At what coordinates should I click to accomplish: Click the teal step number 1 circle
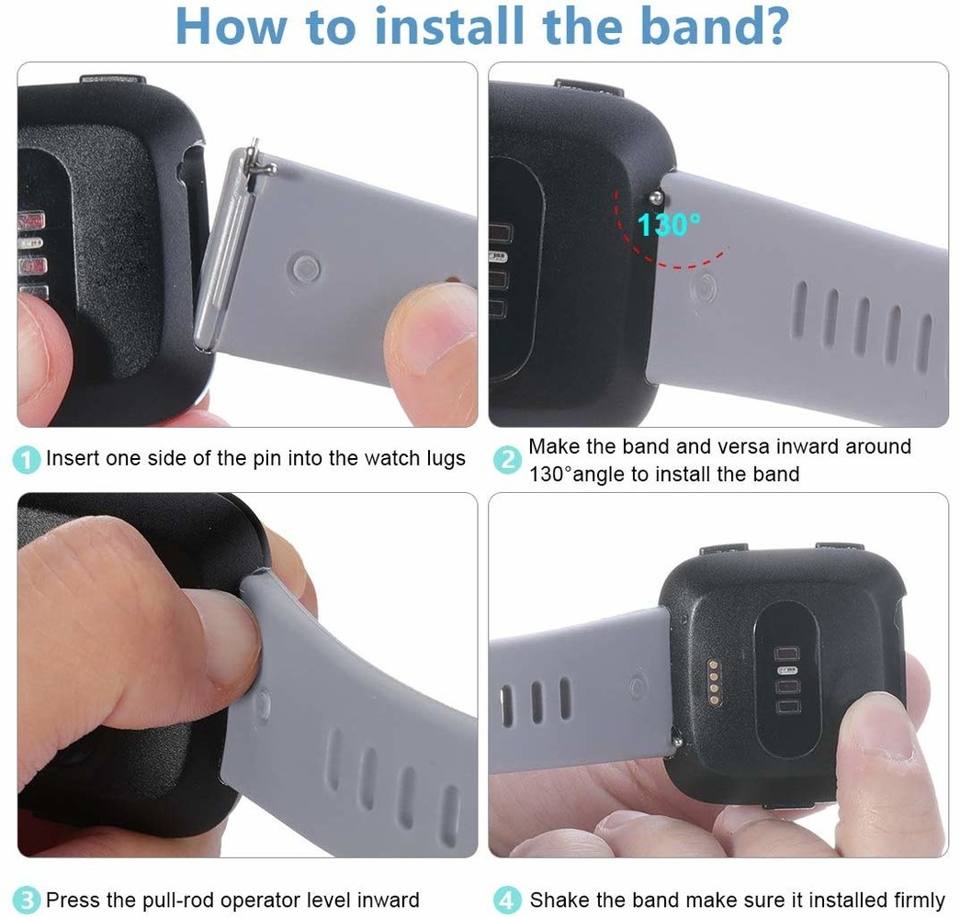28,459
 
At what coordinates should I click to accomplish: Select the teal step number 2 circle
508,460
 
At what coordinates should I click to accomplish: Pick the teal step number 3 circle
28,900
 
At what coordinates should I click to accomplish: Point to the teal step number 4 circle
508,900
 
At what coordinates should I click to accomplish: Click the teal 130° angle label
669,224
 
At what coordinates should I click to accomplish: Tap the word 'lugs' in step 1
444,458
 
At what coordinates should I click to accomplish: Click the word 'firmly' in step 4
912,900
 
